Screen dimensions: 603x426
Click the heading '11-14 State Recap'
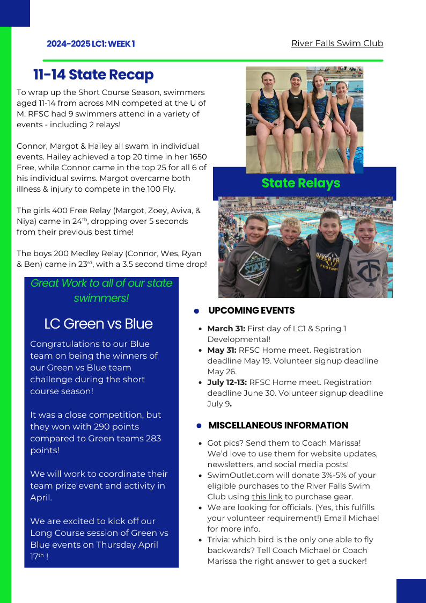93,75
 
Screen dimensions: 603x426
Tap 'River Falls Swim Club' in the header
337,43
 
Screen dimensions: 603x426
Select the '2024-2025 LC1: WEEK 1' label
91,43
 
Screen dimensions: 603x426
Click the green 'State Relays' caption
301,183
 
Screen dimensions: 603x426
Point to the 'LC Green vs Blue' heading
98,324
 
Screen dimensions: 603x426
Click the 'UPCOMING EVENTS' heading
251,310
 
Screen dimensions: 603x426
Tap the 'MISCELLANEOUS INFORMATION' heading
278,425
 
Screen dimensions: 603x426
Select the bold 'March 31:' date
226,329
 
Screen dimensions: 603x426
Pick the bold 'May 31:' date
222,350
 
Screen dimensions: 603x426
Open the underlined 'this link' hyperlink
267,497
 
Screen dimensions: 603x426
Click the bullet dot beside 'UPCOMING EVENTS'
196,311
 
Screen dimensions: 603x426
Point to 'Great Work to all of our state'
101,283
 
